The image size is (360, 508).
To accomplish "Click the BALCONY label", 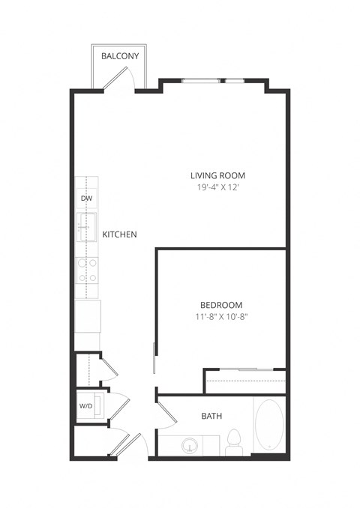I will point(119,55).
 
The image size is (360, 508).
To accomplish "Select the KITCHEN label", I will point(119,235).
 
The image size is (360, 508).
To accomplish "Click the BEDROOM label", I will point(221,304).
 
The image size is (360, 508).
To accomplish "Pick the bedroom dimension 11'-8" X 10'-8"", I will point(221,317).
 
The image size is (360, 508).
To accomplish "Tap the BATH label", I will point(211,416).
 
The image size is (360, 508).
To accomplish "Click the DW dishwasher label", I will point(86,199).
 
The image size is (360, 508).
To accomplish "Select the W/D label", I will point(85,406).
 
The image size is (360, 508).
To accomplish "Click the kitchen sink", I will point(88,228).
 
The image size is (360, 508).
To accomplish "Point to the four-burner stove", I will point(88,270).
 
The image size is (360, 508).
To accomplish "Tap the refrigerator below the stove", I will point(88,315).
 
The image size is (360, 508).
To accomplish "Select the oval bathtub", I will point(269,426).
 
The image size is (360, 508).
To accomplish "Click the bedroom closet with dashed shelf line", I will point(245,381).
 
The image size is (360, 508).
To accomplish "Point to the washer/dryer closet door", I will point(118,408).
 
